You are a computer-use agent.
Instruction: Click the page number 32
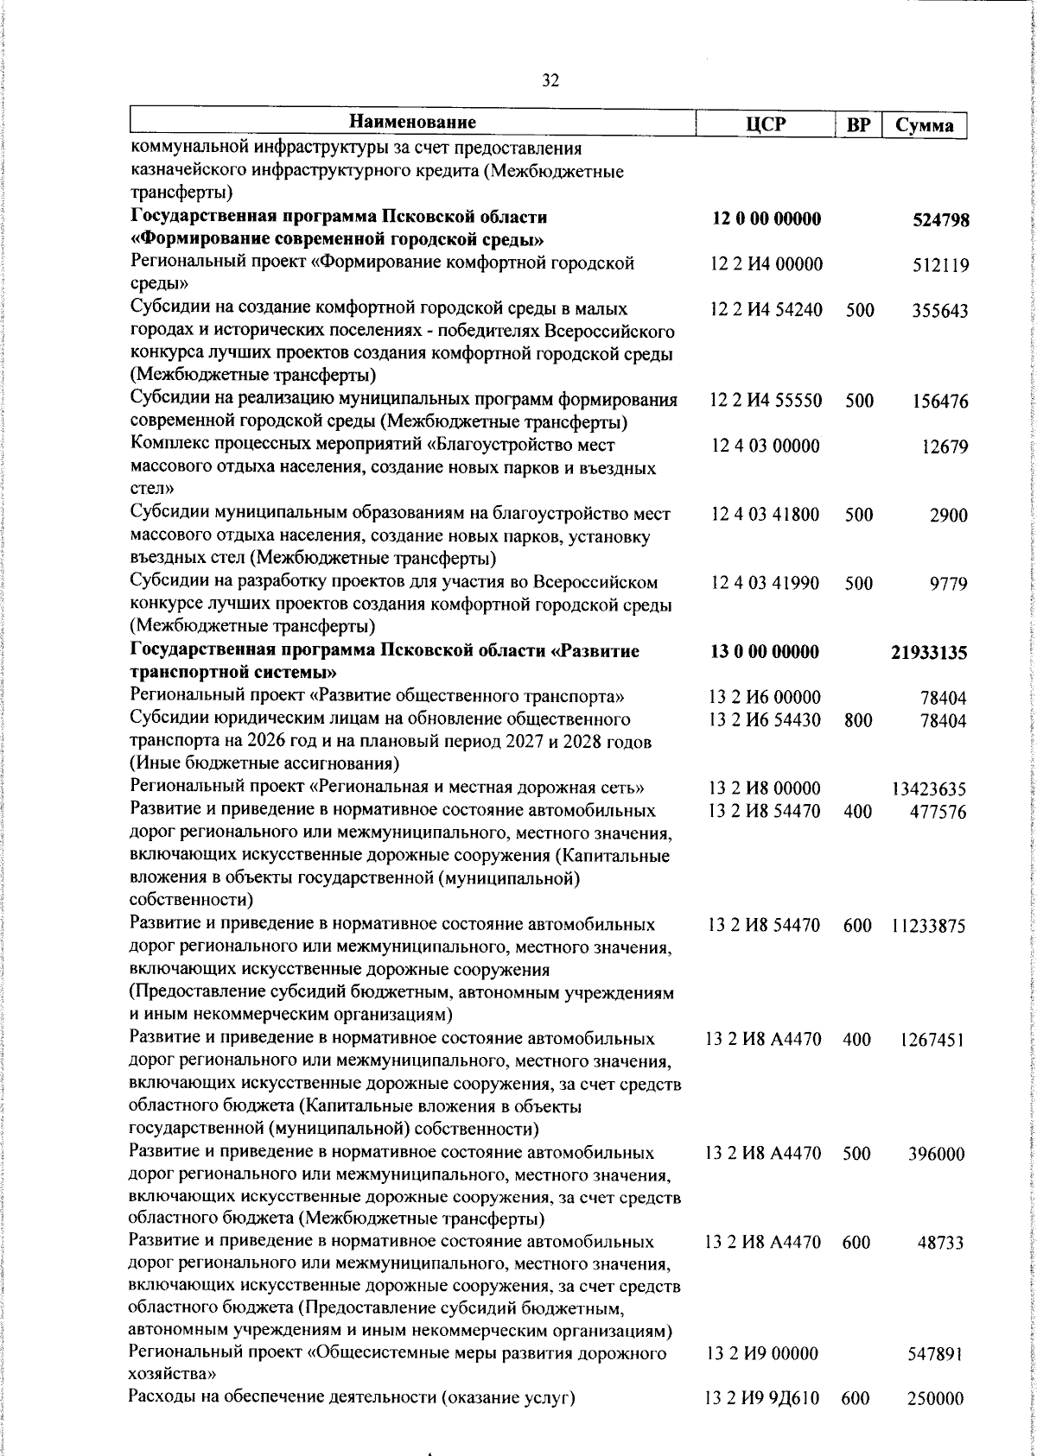point(550,80)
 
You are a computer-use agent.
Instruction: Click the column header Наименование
point(413,122)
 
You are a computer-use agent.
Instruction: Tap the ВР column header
point(857,125)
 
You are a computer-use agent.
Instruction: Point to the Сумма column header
point(924,125)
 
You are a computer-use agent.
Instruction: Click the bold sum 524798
point(940,220)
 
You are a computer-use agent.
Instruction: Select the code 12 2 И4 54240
point(766,309)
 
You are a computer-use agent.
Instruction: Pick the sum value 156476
point(940,402)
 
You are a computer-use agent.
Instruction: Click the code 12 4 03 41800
point(765,515)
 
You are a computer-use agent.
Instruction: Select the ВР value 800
point(857,720)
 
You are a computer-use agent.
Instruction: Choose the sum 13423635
point(929,789)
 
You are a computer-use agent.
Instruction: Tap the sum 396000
point(936,1155)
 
